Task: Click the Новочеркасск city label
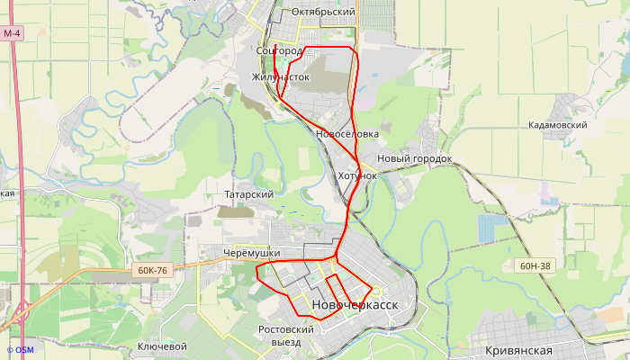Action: pyautogui.click(x=355, y=306)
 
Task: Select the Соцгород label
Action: pyautogui.click(x=279, y=51)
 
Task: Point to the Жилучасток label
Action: pyautogui.click(x=281, y=77)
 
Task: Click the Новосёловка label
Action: pyautogui.click(x=347, y=134)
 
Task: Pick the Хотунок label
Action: pyautogui.click(x=357, y=175)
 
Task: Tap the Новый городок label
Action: pyautogui.click(x=414, y=158)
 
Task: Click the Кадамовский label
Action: pyautogui.click(x=558, y=126)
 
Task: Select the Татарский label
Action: pyautogui.click(x=248, y=194)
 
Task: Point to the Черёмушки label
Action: pyautogui.click(x=251, y=254)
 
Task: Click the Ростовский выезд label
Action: pyautogui.click(x=285, y=336)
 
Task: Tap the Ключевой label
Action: pyautogui.click(x=162, y=346)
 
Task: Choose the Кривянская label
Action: pyautogui.click(x=530, y=350)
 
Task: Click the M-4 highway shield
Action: pyautogui.click(x=11, y=33)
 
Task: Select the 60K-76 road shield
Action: pyautogui.click(x=153, y=270)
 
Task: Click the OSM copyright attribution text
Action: pyautogui.click(x=20, y=350)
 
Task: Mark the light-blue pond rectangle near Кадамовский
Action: pyautogui.click(x=487, y=229)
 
